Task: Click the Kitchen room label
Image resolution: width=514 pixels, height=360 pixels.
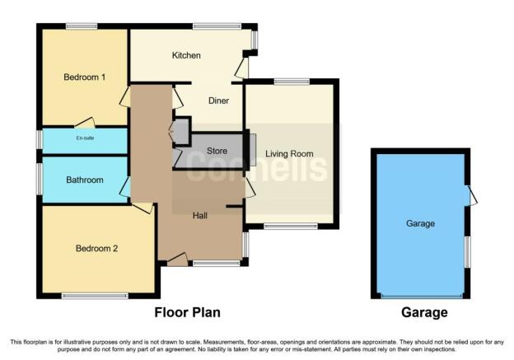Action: point(186,55)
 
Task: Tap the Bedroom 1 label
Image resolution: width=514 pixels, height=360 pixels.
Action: point(85,77)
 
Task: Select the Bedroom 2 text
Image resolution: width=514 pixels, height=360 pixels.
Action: point(96,248)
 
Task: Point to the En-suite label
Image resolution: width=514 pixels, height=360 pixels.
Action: point(85,138)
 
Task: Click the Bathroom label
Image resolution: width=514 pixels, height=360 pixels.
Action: point(85,180)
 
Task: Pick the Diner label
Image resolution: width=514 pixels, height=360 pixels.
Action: point(218,101)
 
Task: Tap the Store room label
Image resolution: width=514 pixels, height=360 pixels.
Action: point(217,151)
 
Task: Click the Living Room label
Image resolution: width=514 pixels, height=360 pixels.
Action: point(289,153)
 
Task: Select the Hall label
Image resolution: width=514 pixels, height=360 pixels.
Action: point(200,215)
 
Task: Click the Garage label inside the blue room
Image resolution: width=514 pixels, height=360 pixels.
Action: point(420,223)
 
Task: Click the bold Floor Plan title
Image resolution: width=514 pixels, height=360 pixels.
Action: point(188,312)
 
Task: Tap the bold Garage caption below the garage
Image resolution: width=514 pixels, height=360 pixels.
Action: point(424,312)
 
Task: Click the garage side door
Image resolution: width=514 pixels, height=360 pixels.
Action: point(471,196)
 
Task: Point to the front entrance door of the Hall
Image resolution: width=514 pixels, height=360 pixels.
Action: point(178,259)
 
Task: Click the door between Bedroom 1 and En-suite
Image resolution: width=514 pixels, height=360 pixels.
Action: point(85,123)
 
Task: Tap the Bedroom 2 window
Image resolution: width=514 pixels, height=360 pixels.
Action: point(95,296)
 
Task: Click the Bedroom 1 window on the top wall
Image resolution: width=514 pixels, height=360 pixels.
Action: point(82,26)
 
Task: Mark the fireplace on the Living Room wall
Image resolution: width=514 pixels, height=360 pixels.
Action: point(252,150)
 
